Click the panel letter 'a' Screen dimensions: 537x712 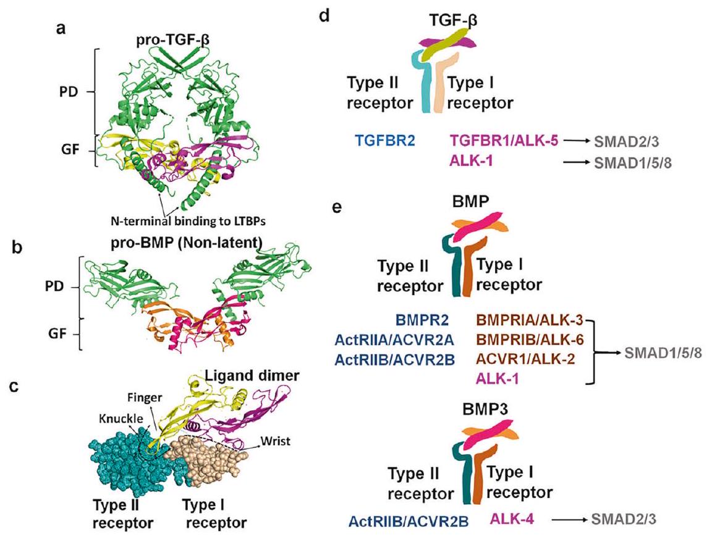[61, 29]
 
